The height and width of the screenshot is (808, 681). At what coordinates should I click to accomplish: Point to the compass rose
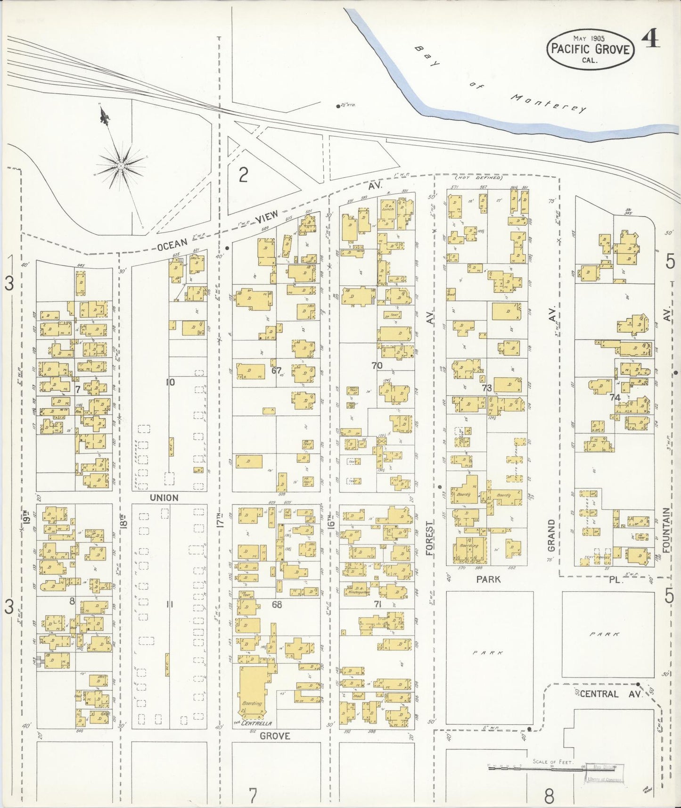(121, 166)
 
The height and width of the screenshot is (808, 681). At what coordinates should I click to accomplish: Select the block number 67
(276, 370)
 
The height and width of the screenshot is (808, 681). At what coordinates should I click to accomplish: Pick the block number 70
(377, 365)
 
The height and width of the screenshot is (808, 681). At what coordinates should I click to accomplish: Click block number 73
(487, 388)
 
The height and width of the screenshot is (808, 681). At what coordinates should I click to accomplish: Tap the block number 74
(614, 397)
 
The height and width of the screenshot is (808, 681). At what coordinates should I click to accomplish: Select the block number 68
(276, 604)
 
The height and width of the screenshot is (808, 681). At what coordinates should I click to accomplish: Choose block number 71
(377, 604)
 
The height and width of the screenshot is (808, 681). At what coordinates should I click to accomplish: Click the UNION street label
(164, 498)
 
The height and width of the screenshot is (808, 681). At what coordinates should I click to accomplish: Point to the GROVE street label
(275, 735)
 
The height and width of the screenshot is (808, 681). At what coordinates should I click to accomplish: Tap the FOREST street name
(429, 538)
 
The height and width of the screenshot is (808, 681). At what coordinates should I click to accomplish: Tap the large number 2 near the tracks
(243, 175)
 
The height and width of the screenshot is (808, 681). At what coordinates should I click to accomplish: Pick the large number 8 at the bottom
(549, 796)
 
